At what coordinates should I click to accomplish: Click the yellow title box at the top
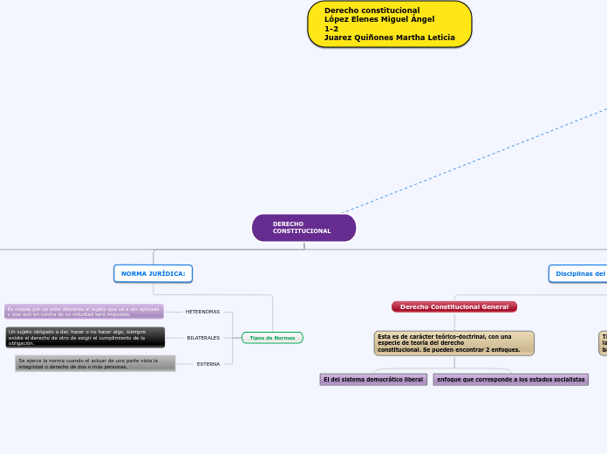(390, 24)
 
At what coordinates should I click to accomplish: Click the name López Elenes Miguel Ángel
(379, 19)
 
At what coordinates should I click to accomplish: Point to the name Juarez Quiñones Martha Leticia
(389, 38)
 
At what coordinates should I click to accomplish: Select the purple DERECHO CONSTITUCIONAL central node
(303, 228)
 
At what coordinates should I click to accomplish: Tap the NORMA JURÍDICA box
(153, 273)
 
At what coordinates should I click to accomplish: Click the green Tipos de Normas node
(272, 338)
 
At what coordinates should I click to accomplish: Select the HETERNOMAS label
(202, 312)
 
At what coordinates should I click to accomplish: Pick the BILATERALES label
(203, 338)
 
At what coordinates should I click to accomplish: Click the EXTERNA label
(208, 364)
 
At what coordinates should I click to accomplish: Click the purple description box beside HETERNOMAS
(84, 312)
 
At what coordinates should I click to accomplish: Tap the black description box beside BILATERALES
(84, 338)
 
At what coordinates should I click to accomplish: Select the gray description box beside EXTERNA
(95, 364)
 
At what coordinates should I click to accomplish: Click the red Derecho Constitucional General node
(454, 307)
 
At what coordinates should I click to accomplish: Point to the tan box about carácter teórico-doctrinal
(454, 343)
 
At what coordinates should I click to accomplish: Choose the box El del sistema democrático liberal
(373, 380)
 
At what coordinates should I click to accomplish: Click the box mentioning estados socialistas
(511, 380)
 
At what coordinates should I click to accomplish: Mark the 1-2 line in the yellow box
(331, 29)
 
